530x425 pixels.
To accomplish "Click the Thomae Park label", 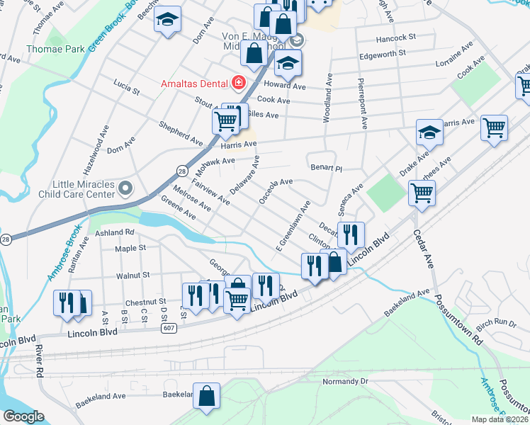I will pos(55,50).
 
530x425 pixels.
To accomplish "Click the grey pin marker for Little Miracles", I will pos(125,188).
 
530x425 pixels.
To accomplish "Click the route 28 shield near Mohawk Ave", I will pos(182,171).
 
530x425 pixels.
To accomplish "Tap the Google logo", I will pos(23,416).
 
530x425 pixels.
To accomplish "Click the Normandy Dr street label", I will pos(346,381).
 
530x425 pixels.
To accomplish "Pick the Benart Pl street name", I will pos(327,169).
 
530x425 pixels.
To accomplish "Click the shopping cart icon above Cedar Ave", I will pos(422,192).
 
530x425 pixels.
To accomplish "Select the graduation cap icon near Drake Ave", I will pos(429,132).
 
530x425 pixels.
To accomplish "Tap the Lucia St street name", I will pos(126,87).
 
